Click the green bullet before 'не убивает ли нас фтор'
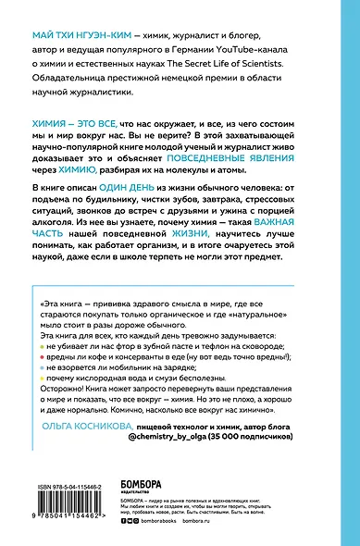point(43,342)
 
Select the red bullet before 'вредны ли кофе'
point(43,354)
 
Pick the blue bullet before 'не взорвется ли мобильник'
point(43,366)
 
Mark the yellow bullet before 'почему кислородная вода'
point(43,378)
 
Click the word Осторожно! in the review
point(63,391)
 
